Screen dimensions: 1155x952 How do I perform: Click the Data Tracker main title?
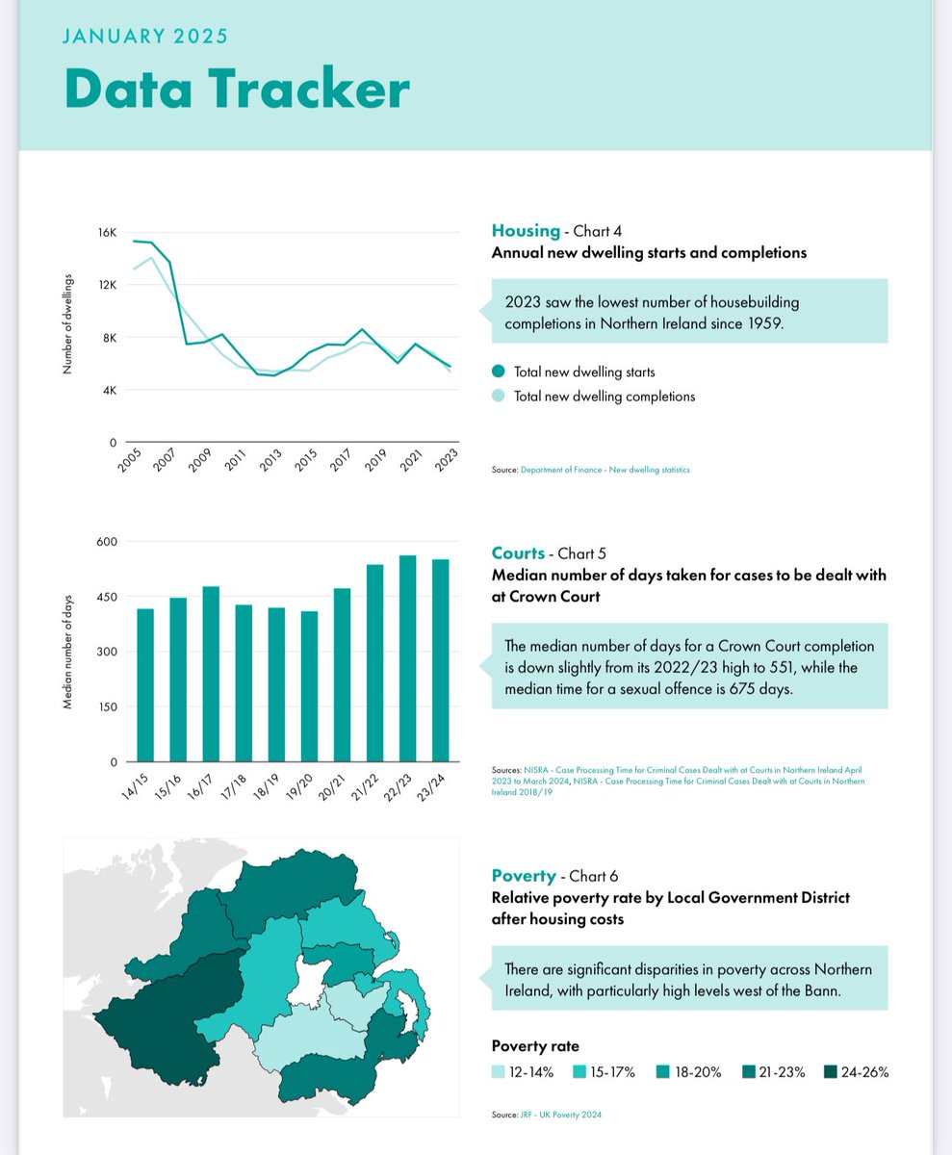pyautogui.click(x=237, y=89)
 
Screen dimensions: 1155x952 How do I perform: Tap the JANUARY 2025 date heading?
pyautogui.click(x=145, y=38)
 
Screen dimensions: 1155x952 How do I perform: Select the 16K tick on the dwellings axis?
pyautogui.click(x=106, y=233)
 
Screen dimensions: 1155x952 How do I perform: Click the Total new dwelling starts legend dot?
pyautogui.click(x=498, y=372)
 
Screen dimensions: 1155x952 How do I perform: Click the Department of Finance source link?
pyautogui.click(x=605, y=470)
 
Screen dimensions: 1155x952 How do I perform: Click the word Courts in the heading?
pyautogui.click(x=518, y=553)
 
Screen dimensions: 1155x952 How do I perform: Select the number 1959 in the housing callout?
pyautogui.click(x=762, y=323)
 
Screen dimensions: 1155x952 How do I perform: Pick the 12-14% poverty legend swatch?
pyautogui.click(x=498, y=1072)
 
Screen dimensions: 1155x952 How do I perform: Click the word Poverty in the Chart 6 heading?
pyautogui.click(x=524, y=876)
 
